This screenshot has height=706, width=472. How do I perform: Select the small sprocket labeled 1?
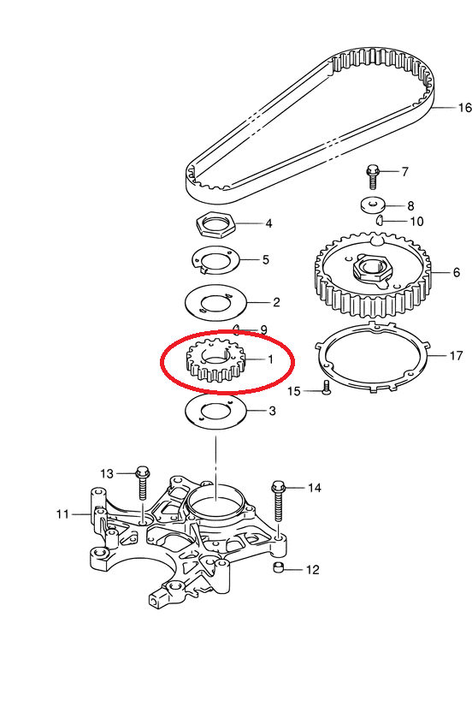(x=215, y=360)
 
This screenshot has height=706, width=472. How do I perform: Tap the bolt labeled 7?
(x=372, y=177)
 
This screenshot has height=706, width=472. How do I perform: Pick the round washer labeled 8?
(x=373, y=205)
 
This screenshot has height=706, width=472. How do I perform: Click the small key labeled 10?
(x=380, y=220)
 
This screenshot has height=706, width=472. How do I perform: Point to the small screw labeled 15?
(x=327, y=387)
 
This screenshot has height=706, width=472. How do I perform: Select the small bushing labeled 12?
(x=279, y=567)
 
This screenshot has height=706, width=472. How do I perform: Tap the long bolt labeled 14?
(x=279, y=501)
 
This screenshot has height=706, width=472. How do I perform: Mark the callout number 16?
(x=465, y=108)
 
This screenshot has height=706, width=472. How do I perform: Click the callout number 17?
(x=456, y=356)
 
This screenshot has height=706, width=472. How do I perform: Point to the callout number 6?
(x=457, y=272)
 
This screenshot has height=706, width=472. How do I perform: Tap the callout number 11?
(x=62, y=513)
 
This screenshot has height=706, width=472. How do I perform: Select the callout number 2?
(x=276, y=302)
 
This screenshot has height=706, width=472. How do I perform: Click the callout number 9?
(x=263, y=329)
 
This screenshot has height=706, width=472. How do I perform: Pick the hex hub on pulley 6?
(x=370, y=270)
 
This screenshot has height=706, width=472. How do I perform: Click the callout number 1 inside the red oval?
(x=270, y=359)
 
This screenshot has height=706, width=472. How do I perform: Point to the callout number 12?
(x=312, y=570)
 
